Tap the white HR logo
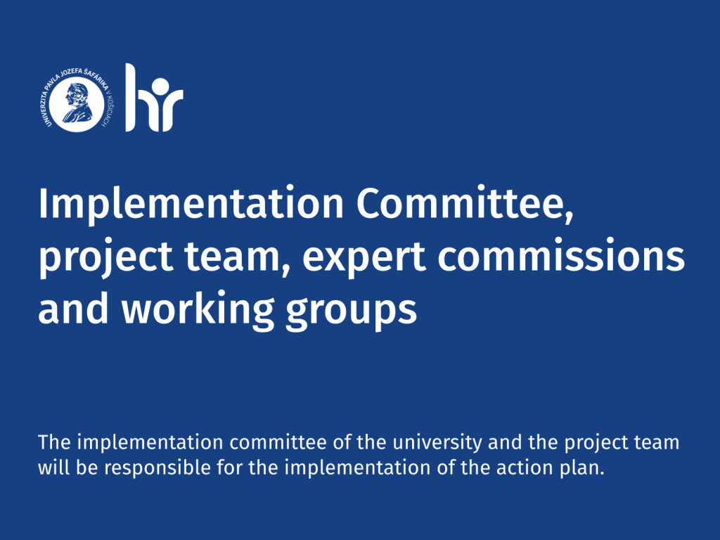pos(154,98)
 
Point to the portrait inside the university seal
pos(77,103)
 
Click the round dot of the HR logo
pos(160,88)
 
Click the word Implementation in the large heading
pos(191,204)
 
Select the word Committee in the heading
pos(465,203)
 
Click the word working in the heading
pos(198,309)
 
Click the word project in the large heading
pos(106,257)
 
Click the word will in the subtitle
pos(54,468)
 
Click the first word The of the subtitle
pos(54,442)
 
